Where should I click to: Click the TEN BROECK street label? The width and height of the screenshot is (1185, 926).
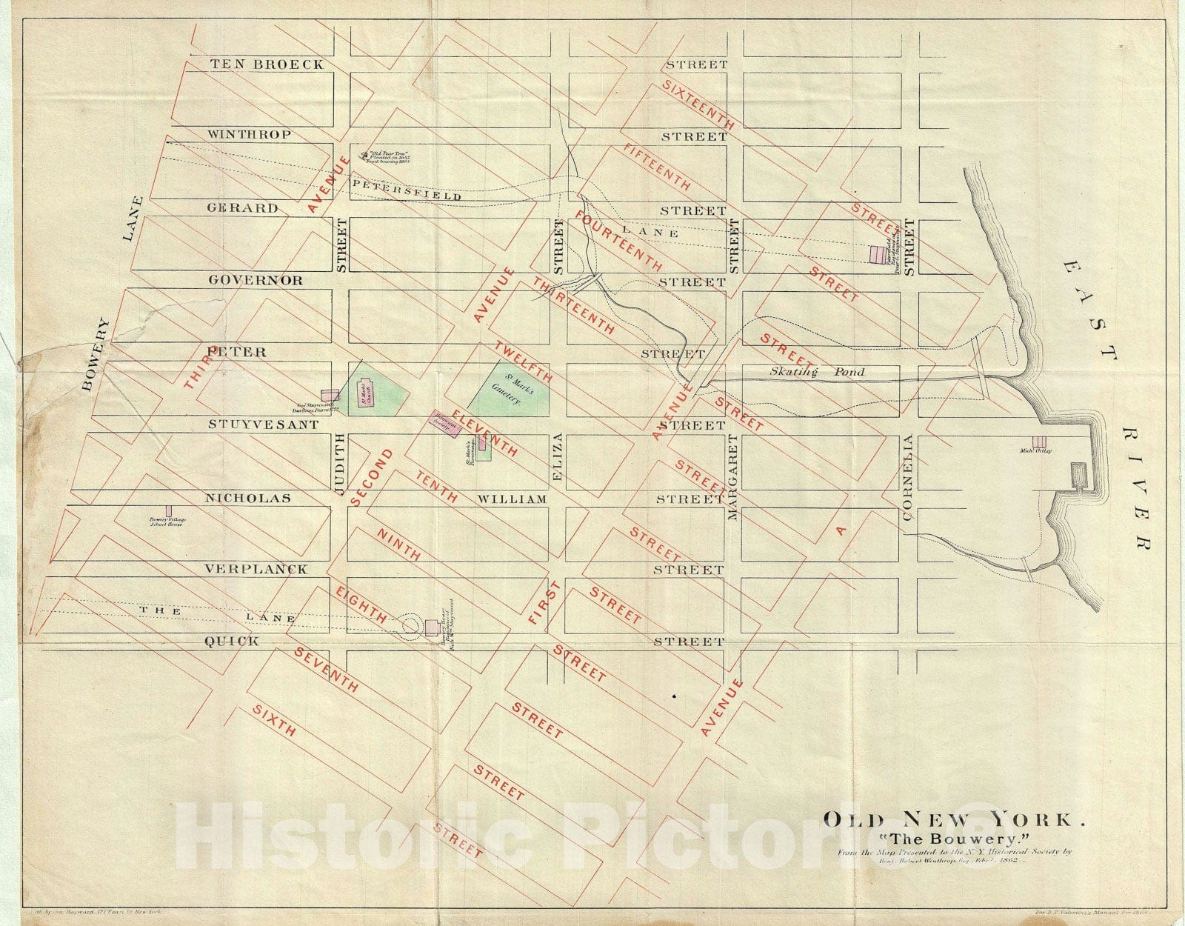pyautogui.click(x=267, y=64)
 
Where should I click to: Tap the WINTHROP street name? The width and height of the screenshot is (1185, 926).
pyautogui.click(x=249, y=135)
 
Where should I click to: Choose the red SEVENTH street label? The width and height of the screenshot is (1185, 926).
pyautogui.click(x=327, y=670)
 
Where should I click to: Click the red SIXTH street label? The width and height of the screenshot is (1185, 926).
pyautogui.click(x=274, y=720)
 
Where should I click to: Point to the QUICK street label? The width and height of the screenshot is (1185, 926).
pyautogui.click(x=232, y=642)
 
